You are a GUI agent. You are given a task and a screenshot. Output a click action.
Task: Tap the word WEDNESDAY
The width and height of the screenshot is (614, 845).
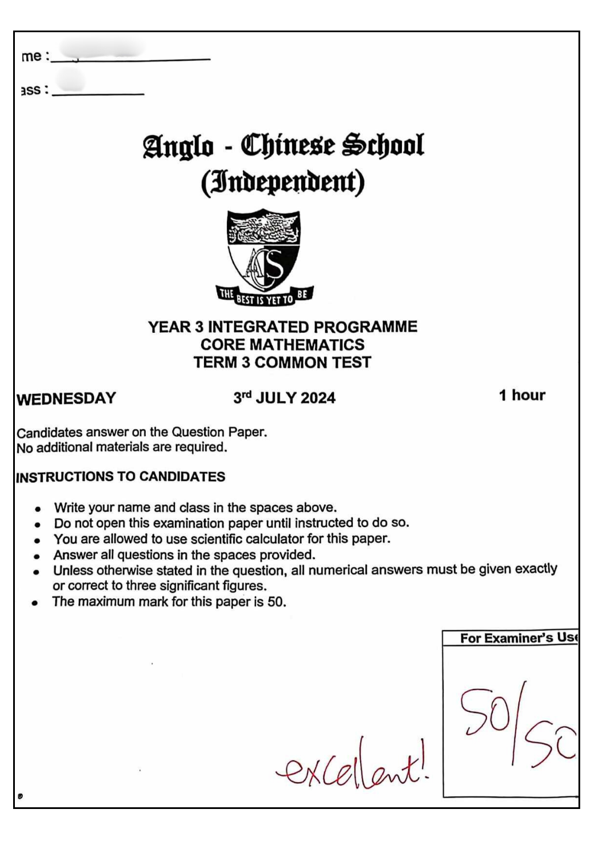(x=66, y=398)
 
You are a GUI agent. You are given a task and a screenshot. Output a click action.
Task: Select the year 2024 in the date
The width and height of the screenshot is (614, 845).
(x=318, y=398)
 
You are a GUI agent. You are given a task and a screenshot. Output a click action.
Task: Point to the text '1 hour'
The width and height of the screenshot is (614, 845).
(x=522, y=395)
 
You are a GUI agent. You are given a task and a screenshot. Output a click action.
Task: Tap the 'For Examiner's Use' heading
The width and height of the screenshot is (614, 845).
(x=518, y=638)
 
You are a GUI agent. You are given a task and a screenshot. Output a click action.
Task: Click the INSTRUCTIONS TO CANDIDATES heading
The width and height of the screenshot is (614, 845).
(x=121, y=477)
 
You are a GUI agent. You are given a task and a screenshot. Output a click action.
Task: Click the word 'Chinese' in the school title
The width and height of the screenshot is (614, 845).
(x=288, y=145)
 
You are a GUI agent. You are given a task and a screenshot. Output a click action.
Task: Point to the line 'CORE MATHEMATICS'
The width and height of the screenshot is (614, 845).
(x=282, y=345)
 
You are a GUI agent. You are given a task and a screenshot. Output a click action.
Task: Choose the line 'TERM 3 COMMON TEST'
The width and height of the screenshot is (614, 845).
(x=282, y=362)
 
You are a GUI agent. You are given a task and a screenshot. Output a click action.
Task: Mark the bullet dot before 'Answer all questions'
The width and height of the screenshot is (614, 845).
(x=37, y=556)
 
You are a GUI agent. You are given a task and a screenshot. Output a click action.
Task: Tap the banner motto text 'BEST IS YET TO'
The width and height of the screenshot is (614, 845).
(x=265, y=299)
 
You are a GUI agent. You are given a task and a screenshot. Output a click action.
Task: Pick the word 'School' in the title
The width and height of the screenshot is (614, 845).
(x=383, y=145)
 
